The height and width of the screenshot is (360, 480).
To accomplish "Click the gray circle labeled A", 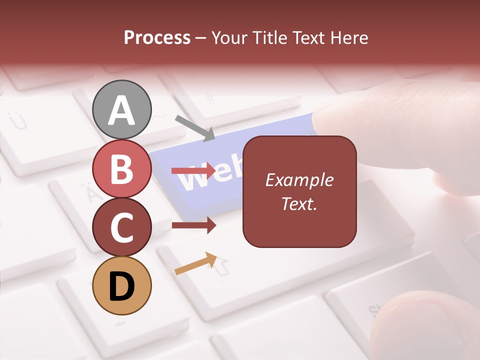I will (122, 109).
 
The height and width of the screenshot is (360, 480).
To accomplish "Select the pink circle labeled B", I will (122, 169).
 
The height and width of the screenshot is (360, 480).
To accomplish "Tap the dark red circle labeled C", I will (122, 227).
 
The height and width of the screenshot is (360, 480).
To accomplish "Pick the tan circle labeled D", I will (122, 285).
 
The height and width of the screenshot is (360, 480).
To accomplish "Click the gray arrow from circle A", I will (195, 128).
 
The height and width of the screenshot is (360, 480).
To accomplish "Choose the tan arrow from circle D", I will (195, 263).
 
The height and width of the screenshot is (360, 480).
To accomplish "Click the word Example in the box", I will (299, 180).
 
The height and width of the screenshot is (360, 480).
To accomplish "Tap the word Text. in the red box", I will (299, 203).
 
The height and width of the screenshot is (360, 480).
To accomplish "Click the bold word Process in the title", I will (157, 37).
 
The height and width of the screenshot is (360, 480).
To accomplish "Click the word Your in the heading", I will (230, 37).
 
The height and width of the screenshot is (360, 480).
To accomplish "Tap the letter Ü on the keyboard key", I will (19, 120).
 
